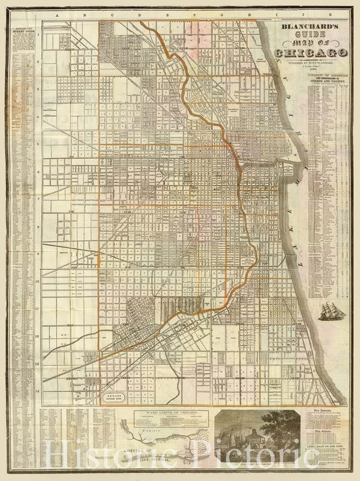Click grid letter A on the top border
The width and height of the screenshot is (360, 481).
[59, 14]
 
